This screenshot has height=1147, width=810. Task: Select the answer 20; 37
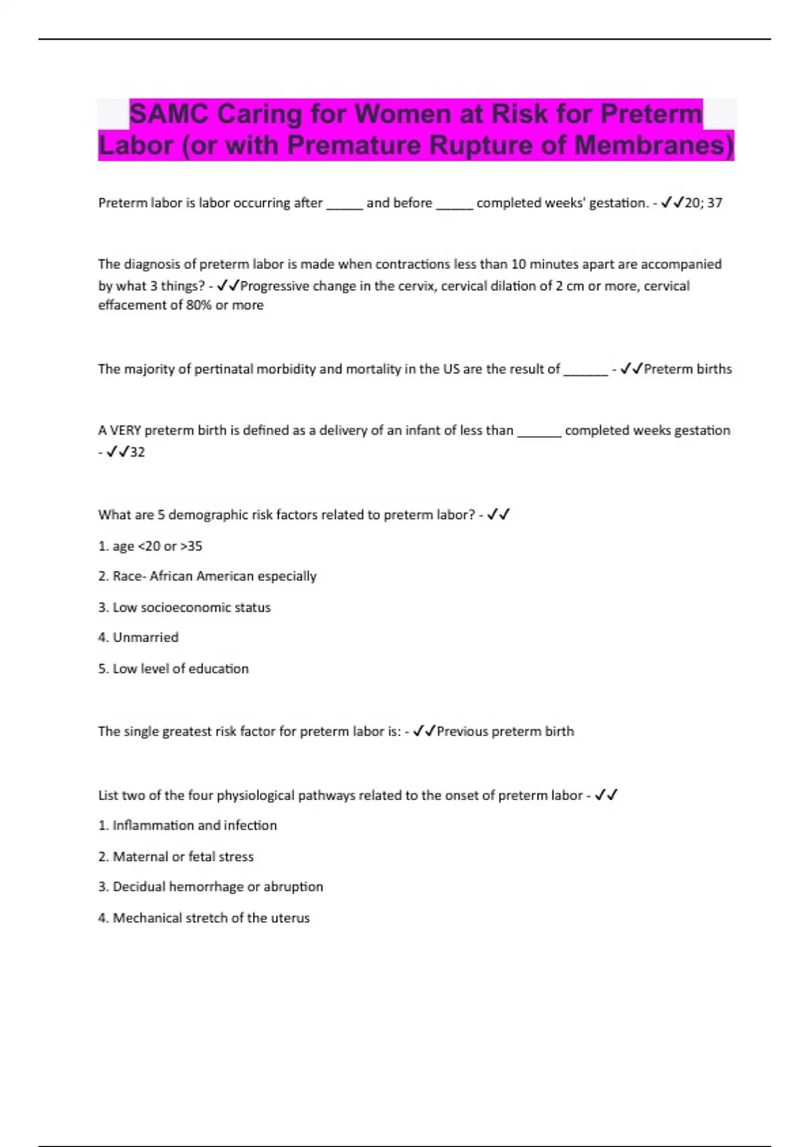tap(703, 202)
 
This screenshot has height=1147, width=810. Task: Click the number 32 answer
tap(137, 452)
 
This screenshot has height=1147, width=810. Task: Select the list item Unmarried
tap(145, 638)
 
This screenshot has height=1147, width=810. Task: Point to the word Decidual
tap(138, 887)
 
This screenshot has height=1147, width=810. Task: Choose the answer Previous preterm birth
tap(505, 731)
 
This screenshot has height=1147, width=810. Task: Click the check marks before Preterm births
tap(631, 369)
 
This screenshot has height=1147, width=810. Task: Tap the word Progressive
tap(273, 286)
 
